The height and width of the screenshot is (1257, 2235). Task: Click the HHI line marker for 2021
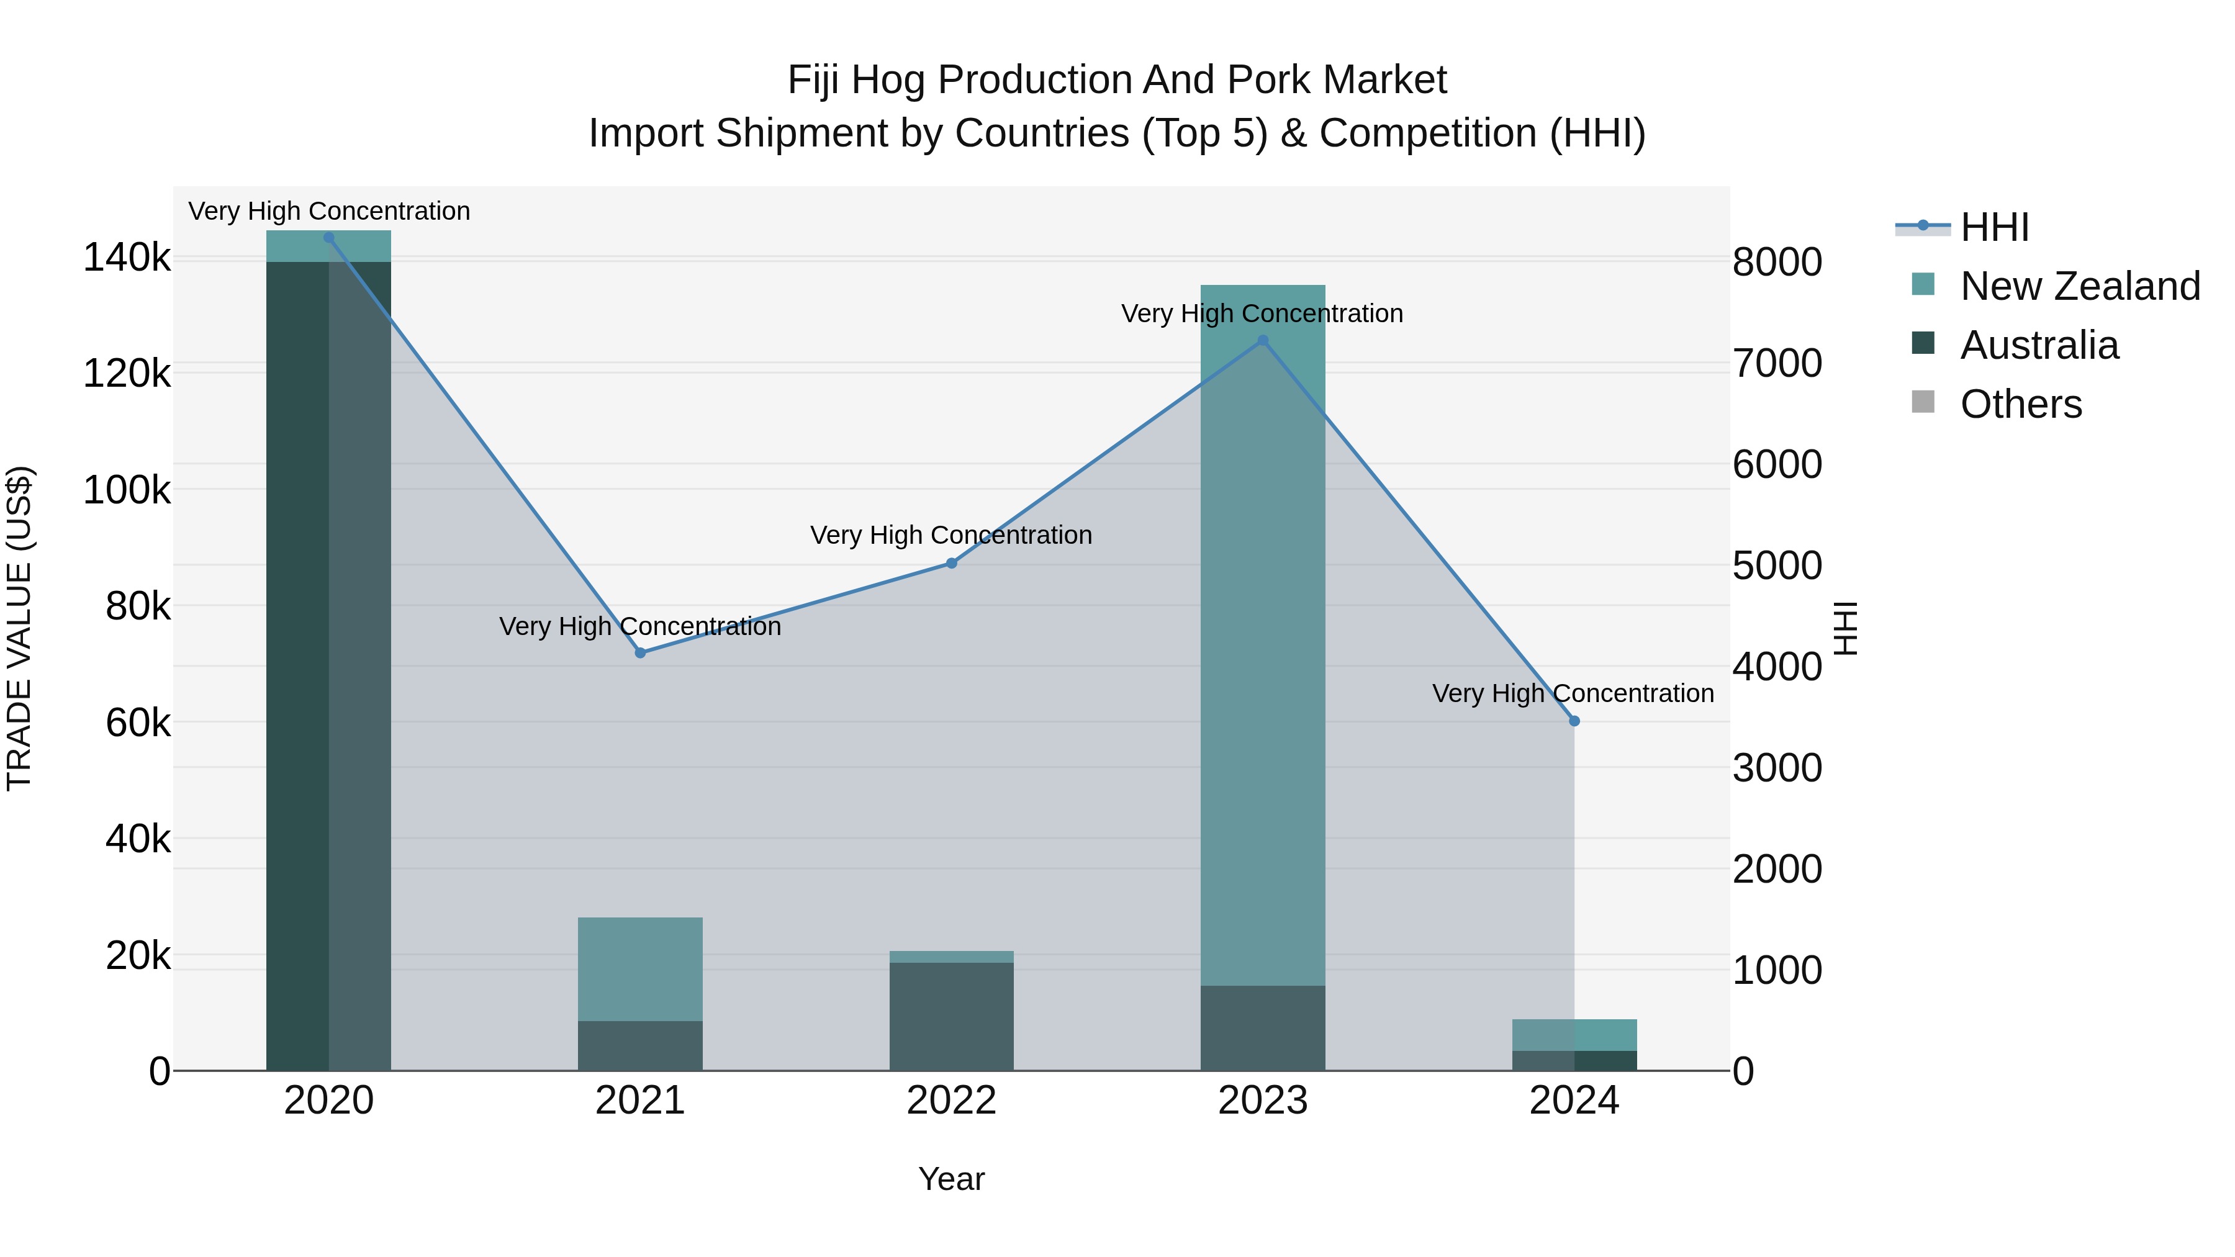pyautogui.click(x=640, y=652)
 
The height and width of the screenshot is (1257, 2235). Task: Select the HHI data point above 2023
pyautogui.click(x=1262, y=341)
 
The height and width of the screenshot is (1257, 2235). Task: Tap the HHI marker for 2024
pyautogui.click(x=1574, y=721)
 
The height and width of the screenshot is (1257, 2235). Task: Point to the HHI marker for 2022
pyautogui.click(x=951, y=563)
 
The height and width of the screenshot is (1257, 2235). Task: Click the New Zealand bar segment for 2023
pyautogui.click(x=1262, y=633)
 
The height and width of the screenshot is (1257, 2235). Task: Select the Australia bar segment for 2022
pyautogui.click(x=951, y=1015)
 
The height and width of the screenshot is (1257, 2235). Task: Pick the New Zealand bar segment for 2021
pyautogui.click(x=640, y=968)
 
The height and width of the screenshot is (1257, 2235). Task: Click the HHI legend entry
pyautogui.click(x=1993, y=227)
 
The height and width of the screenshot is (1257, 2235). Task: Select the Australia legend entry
pyautogui.click(x=2038, y=345)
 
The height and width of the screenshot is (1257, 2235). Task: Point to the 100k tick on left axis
pyautogui.click(x=127, y=490)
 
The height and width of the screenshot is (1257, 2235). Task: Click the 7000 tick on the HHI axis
pyautogui.click(x=1777, y=364)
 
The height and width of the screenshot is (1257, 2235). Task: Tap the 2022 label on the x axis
pyautogui.click(x=951, y=1101)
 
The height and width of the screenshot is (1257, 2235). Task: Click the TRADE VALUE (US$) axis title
pyautogui.click(x=19, y=628)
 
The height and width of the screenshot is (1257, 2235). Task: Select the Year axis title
pyautogui.click(x=951, y=1179)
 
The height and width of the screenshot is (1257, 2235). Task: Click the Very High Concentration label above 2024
pyautogui.click(x=1572, y=693)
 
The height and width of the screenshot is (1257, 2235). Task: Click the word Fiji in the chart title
pyautogui.click(x=815, y=80)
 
